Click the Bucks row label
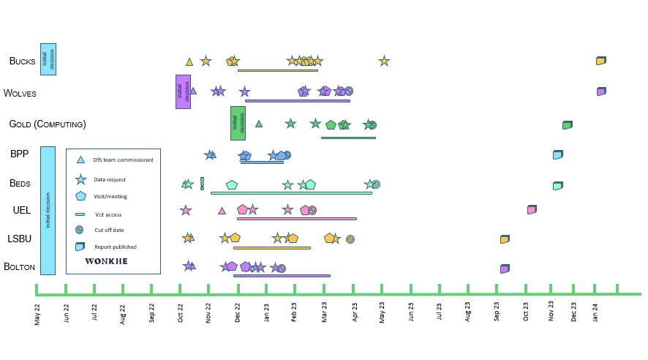pos(22,61)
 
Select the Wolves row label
pos(20,93)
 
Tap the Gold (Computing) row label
pos(47,124)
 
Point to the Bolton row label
pos(20,267)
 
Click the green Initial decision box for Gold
pos(238,123)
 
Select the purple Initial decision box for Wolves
pos(183,91)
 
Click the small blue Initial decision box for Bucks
pos(48,59)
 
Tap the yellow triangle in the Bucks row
pos(189,62)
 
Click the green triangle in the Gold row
pos(259,124)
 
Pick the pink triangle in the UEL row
pos(222,211)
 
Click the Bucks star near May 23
pos(384,61)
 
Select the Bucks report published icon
pos(600,60)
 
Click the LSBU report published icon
pos(505,239)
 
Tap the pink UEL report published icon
pos(532,210)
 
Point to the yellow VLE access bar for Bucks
pos(278,70)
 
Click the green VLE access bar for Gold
pos(348,138)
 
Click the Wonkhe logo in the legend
pos(105,260)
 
